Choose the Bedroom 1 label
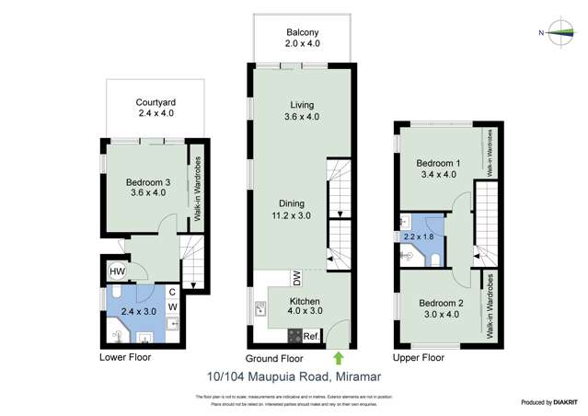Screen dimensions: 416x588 pos(438,168)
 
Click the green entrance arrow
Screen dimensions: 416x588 pos(338,355)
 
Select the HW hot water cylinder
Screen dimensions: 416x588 pos(118,272)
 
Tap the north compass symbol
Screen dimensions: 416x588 pos(556,33)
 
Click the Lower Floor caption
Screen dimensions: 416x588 pos(125,357)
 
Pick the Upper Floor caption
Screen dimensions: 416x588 pos(418,357)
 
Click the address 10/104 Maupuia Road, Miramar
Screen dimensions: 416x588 pos(294,376)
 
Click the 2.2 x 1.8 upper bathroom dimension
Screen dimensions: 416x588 pos(417,237)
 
